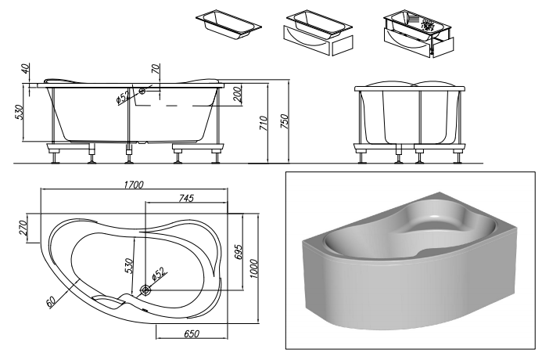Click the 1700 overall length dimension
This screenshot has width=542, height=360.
134,185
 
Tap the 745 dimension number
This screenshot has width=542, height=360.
187,198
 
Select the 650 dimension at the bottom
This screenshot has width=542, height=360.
192,333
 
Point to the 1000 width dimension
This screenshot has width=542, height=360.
253,268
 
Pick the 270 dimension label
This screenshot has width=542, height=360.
23,228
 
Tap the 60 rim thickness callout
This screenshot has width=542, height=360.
51,302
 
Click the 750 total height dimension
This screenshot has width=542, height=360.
284,121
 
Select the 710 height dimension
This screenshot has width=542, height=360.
263,124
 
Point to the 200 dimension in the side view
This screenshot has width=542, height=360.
238,94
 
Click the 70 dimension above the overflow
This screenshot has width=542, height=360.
156,69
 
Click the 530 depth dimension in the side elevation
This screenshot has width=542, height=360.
19,112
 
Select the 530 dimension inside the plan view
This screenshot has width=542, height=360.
128,265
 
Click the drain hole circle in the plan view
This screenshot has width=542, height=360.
145,290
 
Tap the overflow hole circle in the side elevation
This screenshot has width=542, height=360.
142,91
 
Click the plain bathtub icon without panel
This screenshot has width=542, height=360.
228,24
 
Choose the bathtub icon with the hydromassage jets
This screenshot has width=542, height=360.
418,34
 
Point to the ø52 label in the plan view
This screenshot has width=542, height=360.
159,273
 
